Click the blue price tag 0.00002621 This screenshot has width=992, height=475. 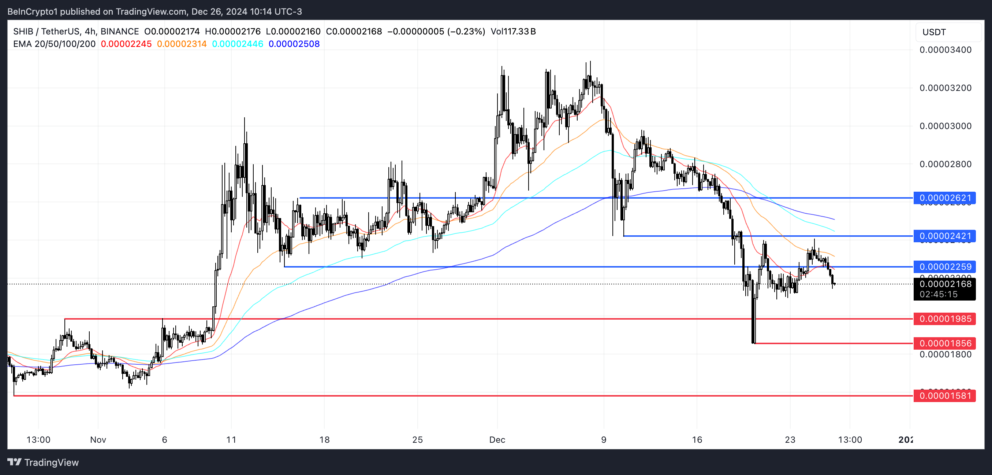pyautogui.click(x=945, y=198)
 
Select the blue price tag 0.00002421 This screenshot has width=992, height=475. pyautogui.click(x=945, y=236)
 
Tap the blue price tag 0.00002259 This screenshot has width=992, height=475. pyautogui.click(x=945, y=266)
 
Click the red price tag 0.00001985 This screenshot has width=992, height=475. pyautogui.click(x=945, y=319)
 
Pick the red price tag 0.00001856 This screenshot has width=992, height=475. pyautogui.click(x=945, y=343)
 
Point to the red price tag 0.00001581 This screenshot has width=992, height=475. pyautogui.click(x=945, y=395)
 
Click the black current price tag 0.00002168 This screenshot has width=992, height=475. pyautogui.click(x=945, y=284)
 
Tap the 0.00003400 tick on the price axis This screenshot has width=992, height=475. pyautogui.click(x=945, y=50)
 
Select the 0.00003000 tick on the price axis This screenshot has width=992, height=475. pyautogui.click(x=945, y=126)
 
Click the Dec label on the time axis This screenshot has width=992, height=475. pyautogui.click(x=497, y=439)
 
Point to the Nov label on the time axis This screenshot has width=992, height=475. pyautogui.click(x=98, y=439)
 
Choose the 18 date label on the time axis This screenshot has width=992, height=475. pyautogui.click(x=324, y=439)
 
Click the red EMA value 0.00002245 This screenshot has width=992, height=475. pyautogui.click(x=126, y=44)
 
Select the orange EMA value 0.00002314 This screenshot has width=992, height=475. pyautogui.click(x=182, y=44)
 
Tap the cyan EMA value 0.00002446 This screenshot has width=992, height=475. pyautogui.click(x=238, y=44)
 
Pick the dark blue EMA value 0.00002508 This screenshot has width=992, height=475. pyautogui.click(x=294, y=44)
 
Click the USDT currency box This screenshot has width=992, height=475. pyautogui.click(x=948, y=32)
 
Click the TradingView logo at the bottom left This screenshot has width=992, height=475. pyautogui.click(x=43, y=462)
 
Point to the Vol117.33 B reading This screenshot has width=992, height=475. pyautogui.click(x=513, y=32)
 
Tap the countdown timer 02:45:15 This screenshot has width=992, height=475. pyautogui.click(x=939, y=294)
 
